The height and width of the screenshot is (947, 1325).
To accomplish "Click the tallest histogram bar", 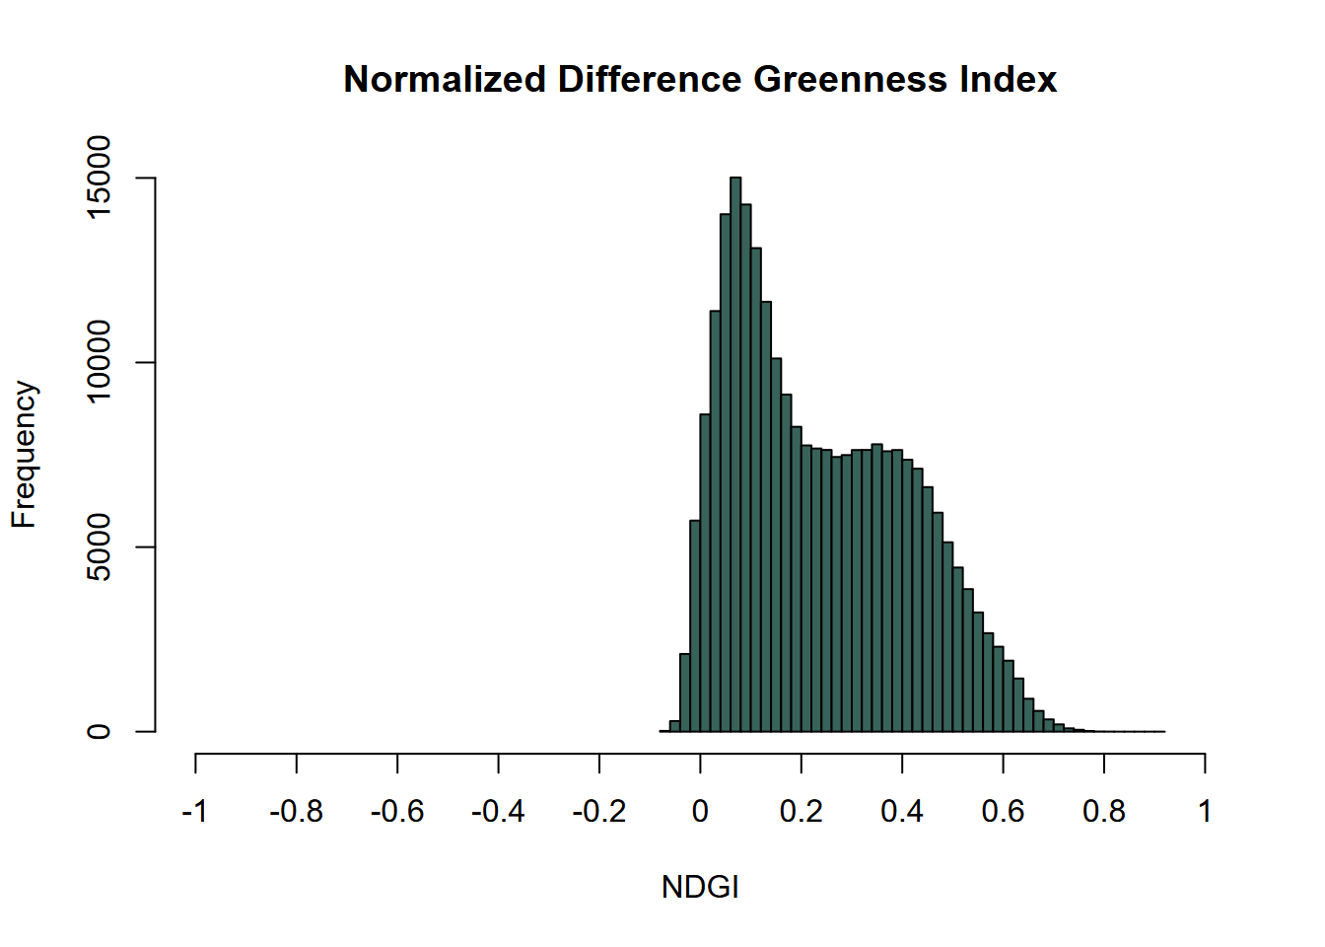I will click(735, 454).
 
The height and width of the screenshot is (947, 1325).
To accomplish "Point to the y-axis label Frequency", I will click(24, 455).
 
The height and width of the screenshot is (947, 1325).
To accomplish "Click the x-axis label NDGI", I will click(700, 887).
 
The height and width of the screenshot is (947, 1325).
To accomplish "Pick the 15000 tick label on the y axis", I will click(100, 178).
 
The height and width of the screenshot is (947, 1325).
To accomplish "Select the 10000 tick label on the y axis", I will click(100, 362).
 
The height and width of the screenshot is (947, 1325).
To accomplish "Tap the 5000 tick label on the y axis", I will click(100, 547).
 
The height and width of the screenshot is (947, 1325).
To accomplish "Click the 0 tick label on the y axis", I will click(100, 732).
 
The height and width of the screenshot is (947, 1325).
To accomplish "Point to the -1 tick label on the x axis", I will click(194, 812).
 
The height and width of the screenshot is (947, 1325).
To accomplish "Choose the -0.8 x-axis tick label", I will click(296, 812).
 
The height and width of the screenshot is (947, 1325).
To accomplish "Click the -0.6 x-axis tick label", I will click(396, 812).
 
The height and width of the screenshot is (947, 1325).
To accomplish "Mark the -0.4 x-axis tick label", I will click(498, 812).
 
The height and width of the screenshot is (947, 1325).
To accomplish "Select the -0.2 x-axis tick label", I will click(598, 812).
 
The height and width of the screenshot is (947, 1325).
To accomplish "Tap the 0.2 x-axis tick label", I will click(802, 812).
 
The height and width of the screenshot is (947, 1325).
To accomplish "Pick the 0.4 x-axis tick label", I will click(902, 812).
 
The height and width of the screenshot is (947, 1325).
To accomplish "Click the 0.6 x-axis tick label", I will click(1003, 812).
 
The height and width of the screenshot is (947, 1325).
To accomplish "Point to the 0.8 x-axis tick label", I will click(1104, 812).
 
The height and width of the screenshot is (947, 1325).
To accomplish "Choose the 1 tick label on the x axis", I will click(1205, 812).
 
